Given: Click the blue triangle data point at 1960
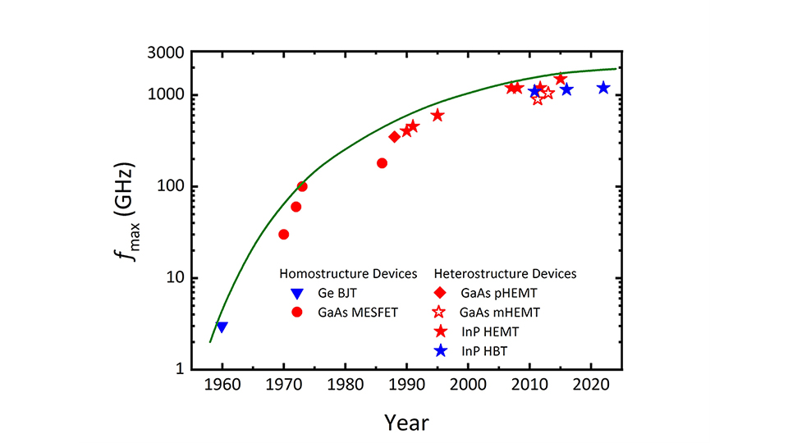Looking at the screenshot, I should [x=222, y=327].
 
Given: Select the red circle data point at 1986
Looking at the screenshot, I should [x=382, y=163].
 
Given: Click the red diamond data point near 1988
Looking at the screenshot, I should [x=394, y=136].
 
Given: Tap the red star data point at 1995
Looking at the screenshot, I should [x=438, y=115].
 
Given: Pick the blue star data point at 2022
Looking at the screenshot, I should [x=603, y=88].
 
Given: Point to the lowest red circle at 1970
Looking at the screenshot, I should [x=284, y=235].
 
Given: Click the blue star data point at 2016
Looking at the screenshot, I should [x=566, y=89].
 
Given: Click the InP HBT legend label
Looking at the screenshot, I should [x=484, y=351].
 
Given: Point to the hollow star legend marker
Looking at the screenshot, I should [x=439, y=313].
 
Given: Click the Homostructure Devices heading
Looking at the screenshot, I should [x=349, y=273].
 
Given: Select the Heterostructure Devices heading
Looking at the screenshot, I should [x=505, y=273].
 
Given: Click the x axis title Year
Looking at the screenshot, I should [x=406, y=422].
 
